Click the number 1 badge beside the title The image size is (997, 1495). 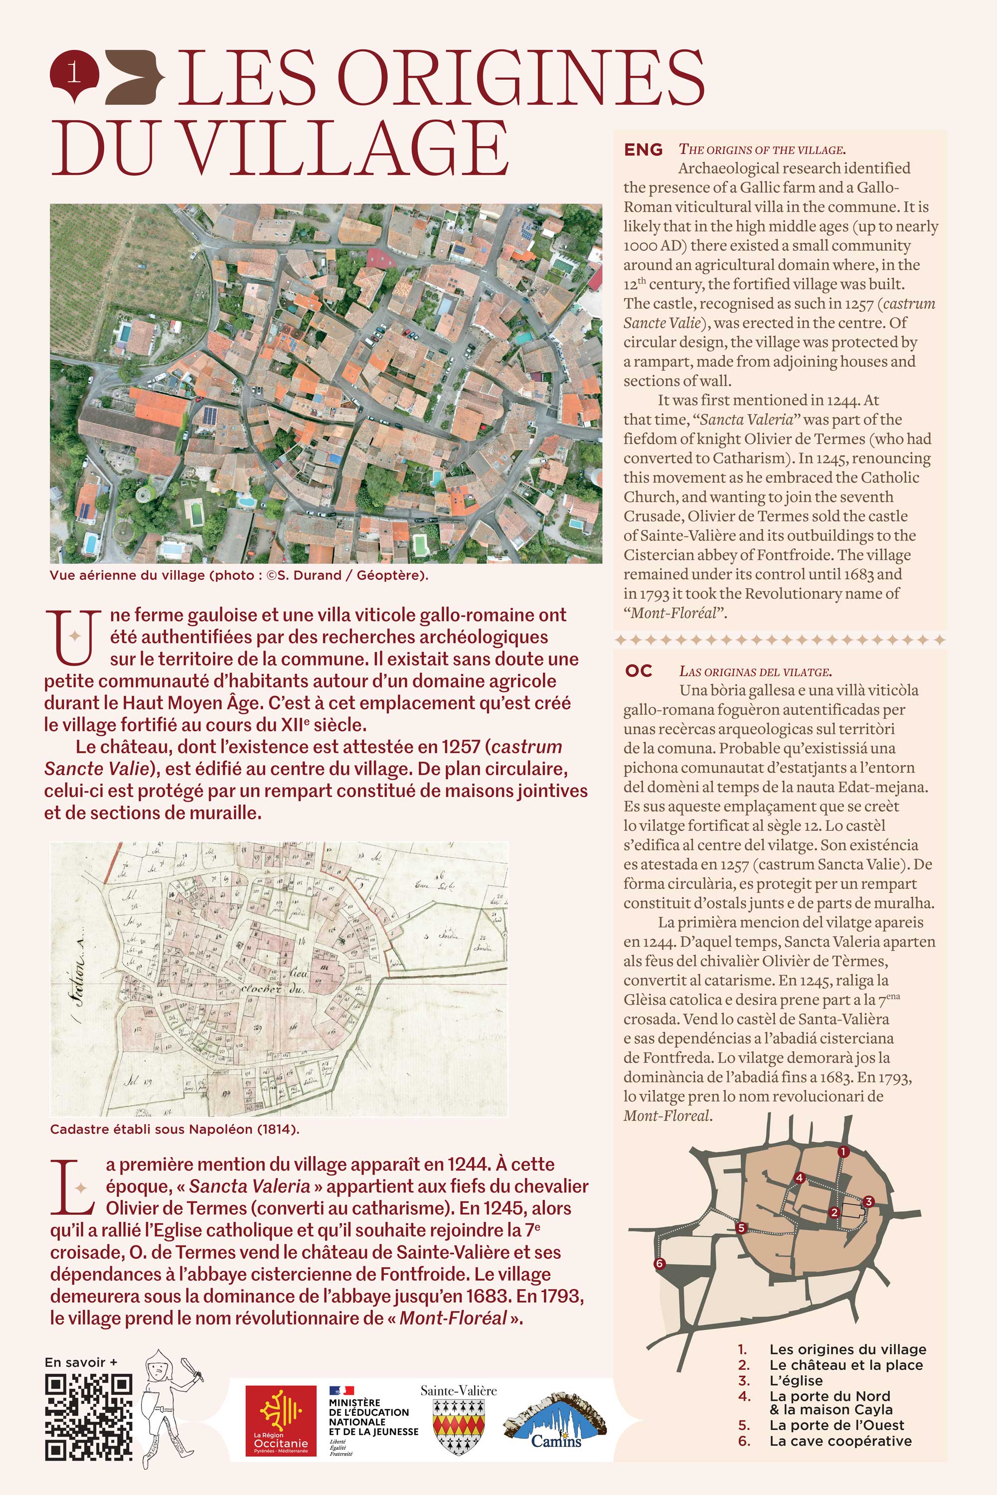pos(74,74)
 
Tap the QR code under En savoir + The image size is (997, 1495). pos(88,1417)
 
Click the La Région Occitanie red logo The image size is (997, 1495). pos(280,1420)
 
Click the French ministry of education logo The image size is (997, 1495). pos(372,1420)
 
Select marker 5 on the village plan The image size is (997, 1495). pos(741,1227)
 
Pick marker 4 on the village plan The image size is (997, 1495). pos(799,1178)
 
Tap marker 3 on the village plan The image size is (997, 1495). pos(868,1201)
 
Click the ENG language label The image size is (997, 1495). pos(643,150)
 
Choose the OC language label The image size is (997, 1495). pos(639,671)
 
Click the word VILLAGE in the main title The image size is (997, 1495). pos(346,148)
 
